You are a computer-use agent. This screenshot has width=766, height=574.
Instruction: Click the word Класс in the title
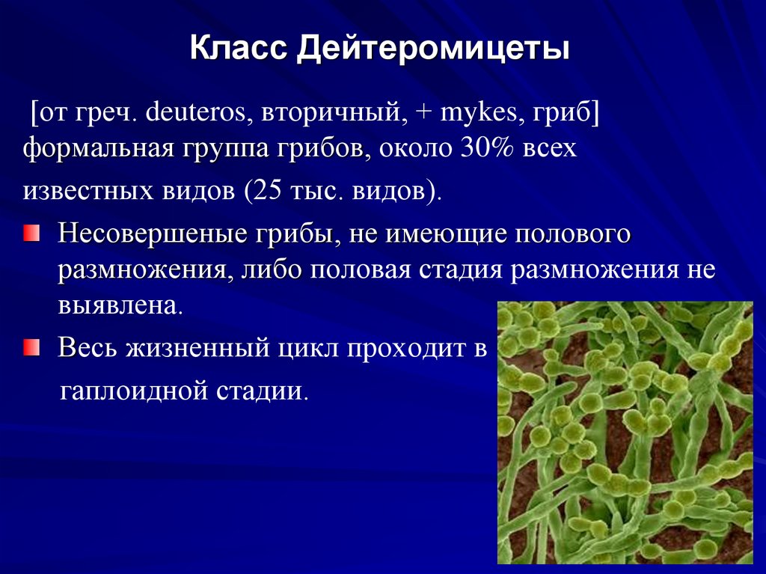(239, 50)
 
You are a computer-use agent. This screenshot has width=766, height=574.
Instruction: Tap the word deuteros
(200, 114)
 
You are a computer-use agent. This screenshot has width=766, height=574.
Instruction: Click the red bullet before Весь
(31, 346)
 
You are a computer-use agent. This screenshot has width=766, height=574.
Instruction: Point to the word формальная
(97, 149)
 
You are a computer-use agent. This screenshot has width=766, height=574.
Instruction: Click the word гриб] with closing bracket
(568, 114)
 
